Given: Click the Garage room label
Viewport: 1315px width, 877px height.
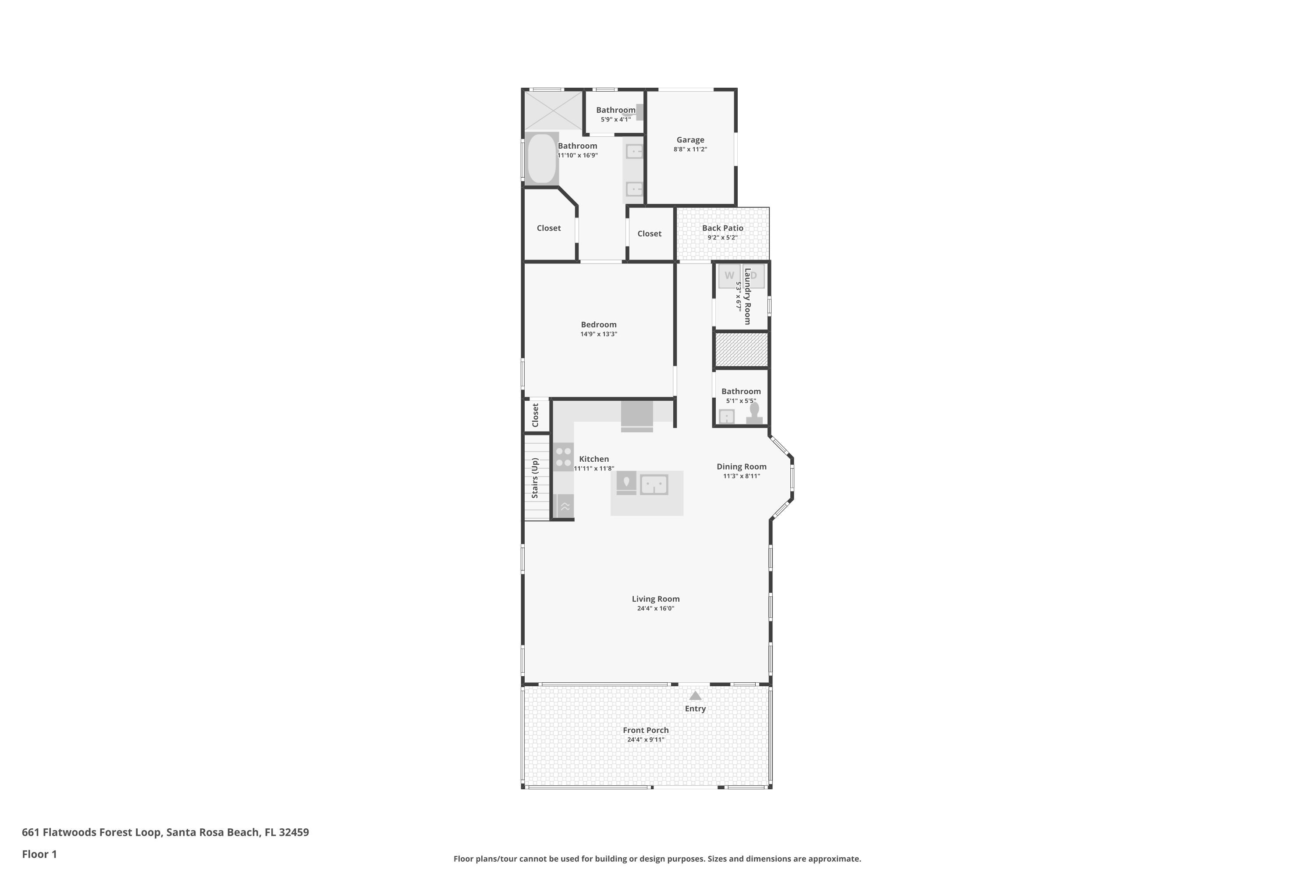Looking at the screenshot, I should tap(690, 140).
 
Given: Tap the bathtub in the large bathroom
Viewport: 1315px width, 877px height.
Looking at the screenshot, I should tap(541, 158).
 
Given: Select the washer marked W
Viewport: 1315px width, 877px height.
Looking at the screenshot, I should tap(729, 276).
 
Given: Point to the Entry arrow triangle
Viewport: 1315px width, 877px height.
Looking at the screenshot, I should tap(695, 696).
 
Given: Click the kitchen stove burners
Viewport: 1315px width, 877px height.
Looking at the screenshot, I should tap(564, 456).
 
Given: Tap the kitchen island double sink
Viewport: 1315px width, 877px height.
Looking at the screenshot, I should tap(654, 485).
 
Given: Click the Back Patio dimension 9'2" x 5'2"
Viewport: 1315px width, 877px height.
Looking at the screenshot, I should tap(722, 238).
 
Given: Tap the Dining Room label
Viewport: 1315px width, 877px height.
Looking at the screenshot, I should tap(741, 467).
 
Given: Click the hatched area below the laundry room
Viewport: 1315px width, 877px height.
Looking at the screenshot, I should tap(741, 350).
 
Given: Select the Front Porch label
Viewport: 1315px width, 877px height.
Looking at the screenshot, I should tap(646, 731).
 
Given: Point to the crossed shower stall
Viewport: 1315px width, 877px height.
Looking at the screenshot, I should tap(553, 110).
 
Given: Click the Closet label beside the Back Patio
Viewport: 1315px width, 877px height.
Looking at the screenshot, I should tap(649, 234).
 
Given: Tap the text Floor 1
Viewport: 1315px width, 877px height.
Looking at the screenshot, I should tap(39, 854).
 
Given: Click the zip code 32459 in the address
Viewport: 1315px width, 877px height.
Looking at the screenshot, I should tap(294, 832).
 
